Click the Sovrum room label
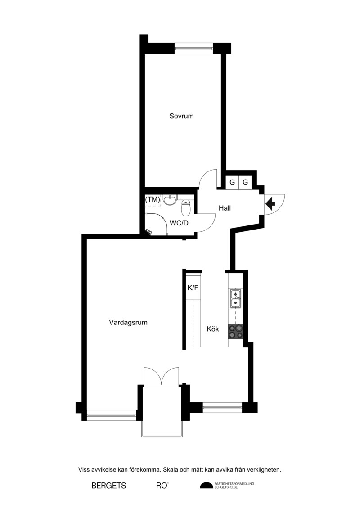[x=181, y=116]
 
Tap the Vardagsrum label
[x=128, y=323]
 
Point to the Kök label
[x=213, y=329]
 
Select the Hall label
[x=225, y=208]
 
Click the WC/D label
[x=179, y=223]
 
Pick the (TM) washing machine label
[x=153, y=200]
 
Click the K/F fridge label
[x=193, y=288]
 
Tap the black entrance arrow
[x=270, y=204]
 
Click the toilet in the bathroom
[x=186, y=208]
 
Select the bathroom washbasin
[x=170, y=200]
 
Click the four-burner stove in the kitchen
[x=235, y=331]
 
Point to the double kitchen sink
[x=236, y=298]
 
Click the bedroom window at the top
[x=194, y=49]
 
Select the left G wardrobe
[x=232, y=182]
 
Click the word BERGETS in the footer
[x=109, y=486]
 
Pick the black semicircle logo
[x=207, y=485]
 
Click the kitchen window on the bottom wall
[x=222, y=407]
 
